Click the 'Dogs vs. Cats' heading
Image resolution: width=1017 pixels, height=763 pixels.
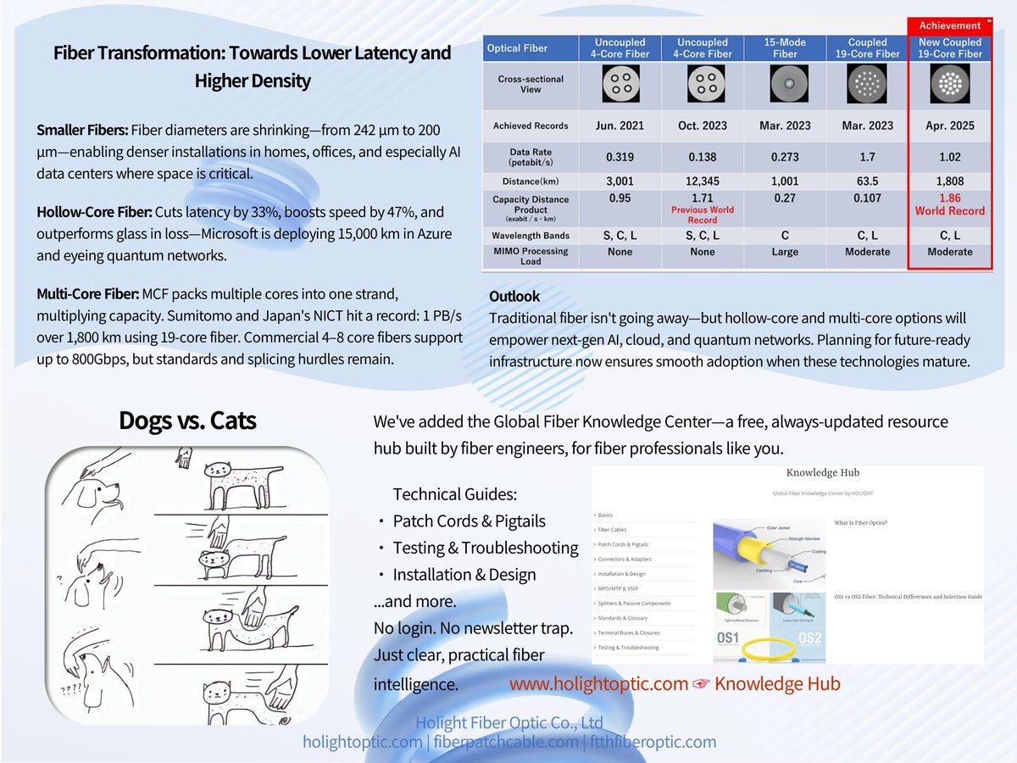187,420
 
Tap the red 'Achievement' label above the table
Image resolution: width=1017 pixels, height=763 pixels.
949,25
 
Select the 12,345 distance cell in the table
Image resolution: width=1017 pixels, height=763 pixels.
703,181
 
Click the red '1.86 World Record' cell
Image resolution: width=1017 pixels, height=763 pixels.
950,204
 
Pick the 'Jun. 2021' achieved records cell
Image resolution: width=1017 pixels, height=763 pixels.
620,125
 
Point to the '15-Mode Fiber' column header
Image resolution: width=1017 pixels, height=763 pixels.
785,47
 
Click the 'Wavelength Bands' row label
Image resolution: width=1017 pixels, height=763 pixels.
531,235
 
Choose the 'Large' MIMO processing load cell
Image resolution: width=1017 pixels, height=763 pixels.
785,252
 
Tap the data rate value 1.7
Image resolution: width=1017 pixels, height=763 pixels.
867,157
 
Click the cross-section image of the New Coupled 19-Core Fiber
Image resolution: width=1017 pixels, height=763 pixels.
949,84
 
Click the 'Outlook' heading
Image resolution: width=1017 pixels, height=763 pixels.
514,297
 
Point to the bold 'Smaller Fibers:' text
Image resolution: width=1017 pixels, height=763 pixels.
82,131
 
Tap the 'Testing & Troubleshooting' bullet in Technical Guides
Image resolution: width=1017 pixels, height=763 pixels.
486,548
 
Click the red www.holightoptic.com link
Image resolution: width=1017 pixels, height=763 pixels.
598,683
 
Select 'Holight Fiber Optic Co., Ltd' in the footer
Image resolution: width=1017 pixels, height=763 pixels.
508,723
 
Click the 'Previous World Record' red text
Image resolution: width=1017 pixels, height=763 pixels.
703,214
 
